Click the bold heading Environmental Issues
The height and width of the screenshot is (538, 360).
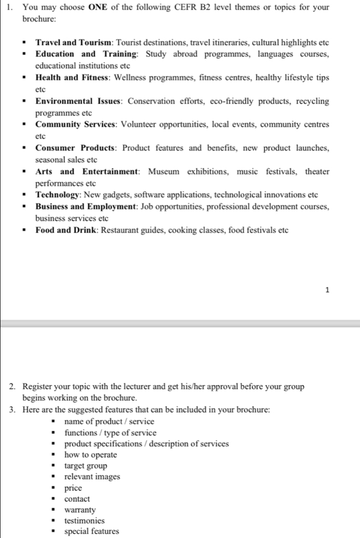pyautogui.click(x=79, y=101)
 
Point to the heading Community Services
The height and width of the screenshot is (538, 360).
pyautogui.click(x=76, y=124)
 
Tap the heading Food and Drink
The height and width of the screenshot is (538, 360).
pyautogui.click(x=64, y=230)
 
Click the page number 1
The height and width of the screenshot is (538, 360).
pyautogui.click(x=326, y=290)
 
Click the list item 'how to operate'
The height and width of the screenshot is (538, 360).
pyautogui.click(x=90, y=455)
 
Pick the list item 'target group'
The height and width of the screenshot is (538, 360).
pyautogui.click(x=86, y=466)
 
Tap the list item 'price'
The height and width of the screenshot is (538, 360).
pyautogui.click(x=73, y=488)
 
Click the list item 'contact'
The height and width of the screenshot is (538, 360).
pyautogui.click(x=77, y=499)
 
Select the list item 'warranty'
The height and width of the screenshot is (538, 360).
pyautogui.click(x=80, y=509)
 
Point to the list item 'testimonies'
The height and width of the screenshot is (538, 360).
pyautogui.click(x=84, y=520)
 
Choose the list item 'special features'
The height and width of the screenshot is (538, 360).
pyautogui.click(x=91, y=531)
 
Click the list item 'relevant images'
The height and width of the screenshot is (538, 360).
pyautogui.click(x=92, y=477)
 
